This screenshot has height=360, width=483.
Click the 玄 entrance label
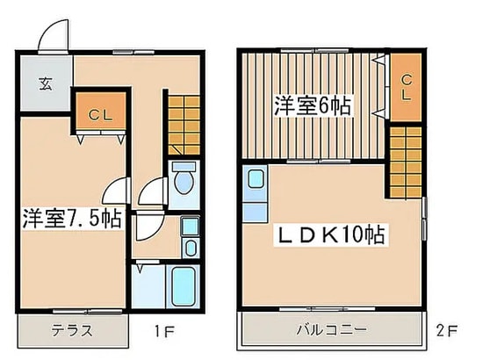click(x=46, y=83)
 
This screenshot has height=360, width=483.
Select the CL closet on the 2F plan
click(x=406, y=87)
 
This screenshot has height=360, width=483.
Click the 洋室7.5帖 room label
click(x=72, y=219)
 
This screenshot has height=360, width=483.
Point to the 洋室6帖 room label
click(x=313, y=105)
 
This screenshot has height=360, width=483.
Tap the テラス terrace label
click(x=72, y=331)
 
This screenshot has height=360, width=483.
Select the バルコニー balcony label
click(x=331, y=330)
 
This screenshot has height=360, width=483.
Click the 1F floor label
click(x=164, y=332)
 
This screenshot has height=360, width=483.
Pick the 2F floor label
click(x=447, y=331)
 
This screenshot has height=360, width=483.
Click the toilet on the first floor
click(x=184, y=178)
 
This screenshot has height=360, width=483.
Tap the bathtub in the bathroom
click(x=184, y=286)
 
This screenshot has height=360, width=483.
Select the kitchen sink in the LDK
click(x=256, y=178)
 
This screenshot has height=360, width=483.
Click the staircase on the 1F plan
click(x=184, y=126)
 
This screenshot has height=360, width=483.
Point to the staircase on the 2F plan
click(x=406, y=162)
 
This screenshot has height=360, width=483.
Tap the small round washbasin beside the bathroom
click(x=191, y=248)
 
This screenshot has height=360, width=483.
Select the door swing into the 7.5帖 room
click(x=113, y=191)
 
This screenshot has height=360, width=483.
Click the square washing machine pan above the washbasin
click(x=190, y=227)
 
